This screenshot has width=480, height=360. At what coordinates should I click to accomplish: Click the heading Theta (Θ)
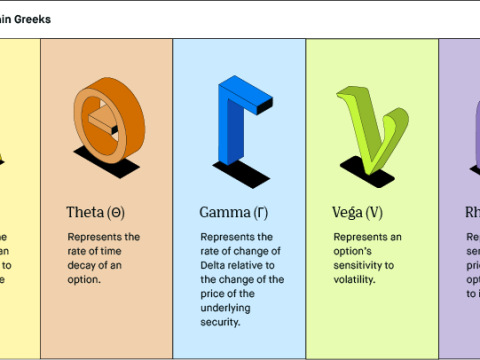[95, 212]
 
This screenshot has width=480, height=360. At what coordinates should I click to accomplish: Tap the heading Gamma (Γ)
[231, 212]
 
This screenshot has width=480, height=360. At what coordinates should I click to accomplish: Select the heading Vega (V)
[357, 212]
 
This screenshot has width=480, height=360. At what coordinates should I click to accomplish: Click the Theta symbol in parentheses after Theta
[116, 212]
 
